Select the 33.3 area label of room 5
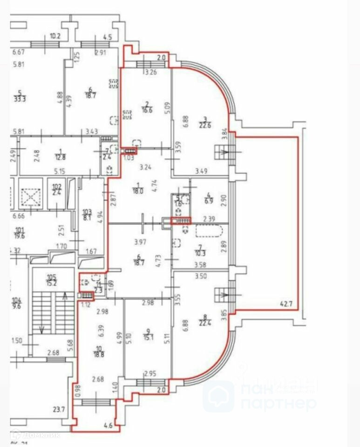(x=20, y=99)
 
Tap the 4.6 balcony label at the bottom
(x=108, y=425)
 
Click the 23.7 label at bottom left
(x=59, y=410)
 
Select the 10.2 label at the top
(x=55, y=36)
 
